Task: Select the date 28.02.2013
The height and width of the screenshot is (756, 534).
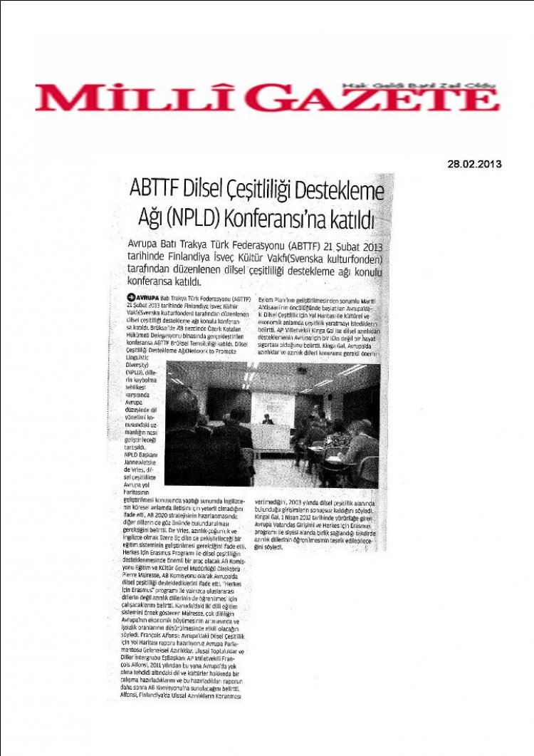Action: tap(475, 163)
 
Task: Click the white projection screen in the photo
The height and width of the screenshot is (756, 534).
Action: tap(272, 407)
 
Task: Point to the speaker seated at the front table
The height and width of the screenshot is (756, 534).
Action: tap(268, 420)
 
